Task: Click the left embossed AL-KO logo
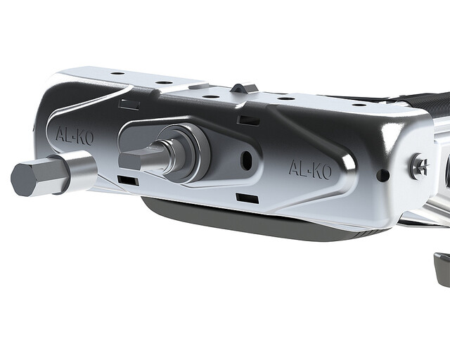point(75,136)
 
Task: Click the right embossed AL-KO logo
point(310,169)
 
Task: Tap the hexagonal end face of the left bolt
point(24,179)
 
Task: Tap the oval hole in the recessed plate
point(247,160)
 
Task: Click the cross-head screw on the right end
point(420,167)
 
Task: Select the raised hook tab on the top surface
point(243,88)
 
